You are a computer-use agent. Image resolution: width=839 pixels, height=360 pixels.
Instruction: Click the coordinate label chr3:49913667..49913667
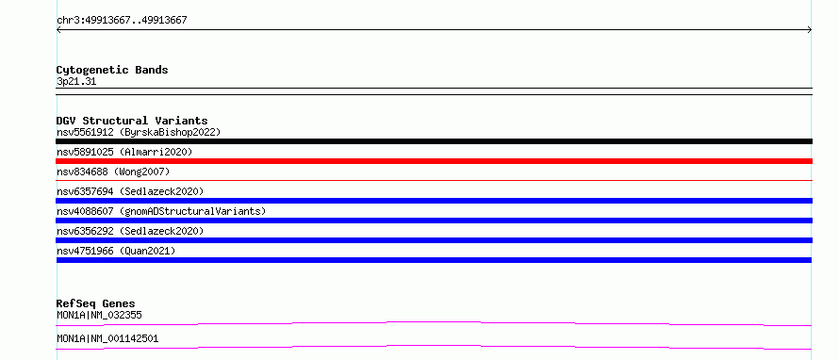tap(122, 21)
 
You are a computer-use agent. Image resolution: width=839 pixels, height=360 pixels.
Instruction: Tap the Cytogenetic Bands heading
tap(112, 70)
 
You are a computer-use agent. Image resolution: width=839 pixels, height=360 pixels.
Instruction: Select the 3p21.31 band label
tap(76, 82)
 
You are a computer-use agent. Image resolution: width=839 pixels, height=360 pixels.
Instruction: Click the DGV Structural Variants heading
tap(132, 121)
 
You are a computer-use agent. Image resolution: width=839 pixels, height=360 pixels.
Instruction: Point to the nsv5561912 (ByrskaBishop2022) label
tap(139, 132)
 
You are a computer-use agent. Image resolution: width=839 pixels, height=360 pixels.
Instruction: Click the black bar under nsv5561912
tap(434, 141)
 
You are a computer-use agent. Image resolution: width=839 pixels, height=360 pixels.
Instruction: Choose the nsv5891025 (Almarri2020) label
tap(124, 152)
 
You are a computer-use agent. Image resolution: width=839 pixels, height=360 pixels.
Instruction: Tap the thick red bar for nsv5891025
tap(434, 161)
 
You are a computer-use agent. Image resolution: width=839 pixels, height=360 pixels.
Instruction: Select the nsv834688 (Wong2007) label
tap(113, 172)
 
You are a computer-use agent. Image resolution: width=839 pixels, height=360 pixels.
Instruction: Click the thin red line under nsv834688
tap(434, 181)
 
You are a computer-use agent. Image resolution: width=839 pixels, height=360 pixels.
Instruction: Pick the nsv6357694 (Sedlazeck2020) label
tap(130, 191)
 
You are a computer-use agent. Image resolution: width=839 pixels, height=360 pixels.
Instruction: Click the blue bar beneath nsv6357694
tap(434, 201)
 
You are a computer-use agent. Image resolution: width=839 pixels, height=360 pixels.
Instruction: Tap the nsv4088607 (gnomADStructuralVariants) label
tap(161, 211)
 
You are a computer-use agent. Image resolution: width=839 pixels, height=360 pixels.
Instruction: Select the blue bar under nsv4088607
tap(434, 221)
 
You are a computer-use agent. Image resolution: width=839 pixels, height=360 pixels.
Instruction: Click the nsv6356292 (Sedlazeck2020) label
tap(130, 231)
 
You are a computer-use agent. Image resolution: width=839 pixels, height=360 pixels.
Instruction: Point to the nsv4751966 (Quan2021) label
tap(116, 251)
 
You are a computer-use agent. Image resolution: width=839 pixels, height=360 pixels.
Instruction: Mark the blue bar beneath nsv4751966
tap(434, 260)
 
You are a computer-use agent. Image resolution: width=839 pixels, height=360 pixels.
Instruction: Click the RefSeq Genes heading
tap(96, 303)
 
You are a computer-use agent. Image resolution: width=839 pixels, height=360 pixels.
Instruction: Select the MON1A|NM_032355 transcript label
tap(99, 316)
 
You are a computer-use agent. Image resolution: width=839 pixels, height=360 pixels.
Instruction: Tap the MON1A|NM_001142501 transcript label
tap(107, 339)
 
